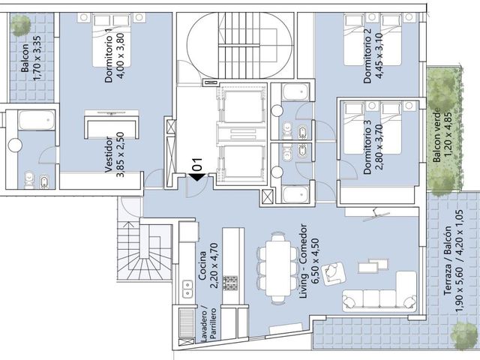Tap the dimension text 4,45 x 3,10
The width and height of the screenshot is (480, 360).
coord(378,55)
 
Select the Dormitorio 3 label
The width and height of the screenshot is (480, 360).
coord(367,147)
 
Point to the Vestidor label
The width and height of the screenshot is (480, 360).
coord(109,154)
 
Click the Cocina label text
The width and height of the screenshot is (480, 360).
coord(202,266)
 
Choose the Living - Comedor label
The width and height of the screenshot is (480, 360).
coord(303,261)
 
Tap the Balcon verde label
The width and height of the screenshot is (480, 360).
coord(436,135)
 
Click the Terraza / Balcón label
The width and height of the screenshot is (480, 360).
coord(448,260)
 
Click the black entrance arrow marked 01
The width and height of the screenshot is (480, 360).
coord(196,177)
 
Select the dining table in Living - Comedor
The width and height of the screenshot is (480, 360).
coord(278,268)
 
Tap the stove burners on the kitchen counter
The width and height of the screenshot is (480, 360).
coord(230,283)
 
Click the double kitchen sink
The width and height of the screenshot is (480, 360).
coord(187,289)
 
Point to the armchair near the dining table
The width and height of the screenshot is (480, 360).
coord(334,273)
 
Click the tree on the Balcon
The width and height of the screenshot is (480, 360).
coord(20,25)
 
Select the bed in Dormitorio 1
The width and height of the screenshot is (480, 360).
coord(112,40)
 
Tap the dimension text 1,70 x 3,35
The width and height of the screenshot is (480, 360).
coord(37,58)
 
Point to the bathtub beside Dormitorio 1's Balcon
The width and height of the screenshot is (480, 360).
coord(37,120)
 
